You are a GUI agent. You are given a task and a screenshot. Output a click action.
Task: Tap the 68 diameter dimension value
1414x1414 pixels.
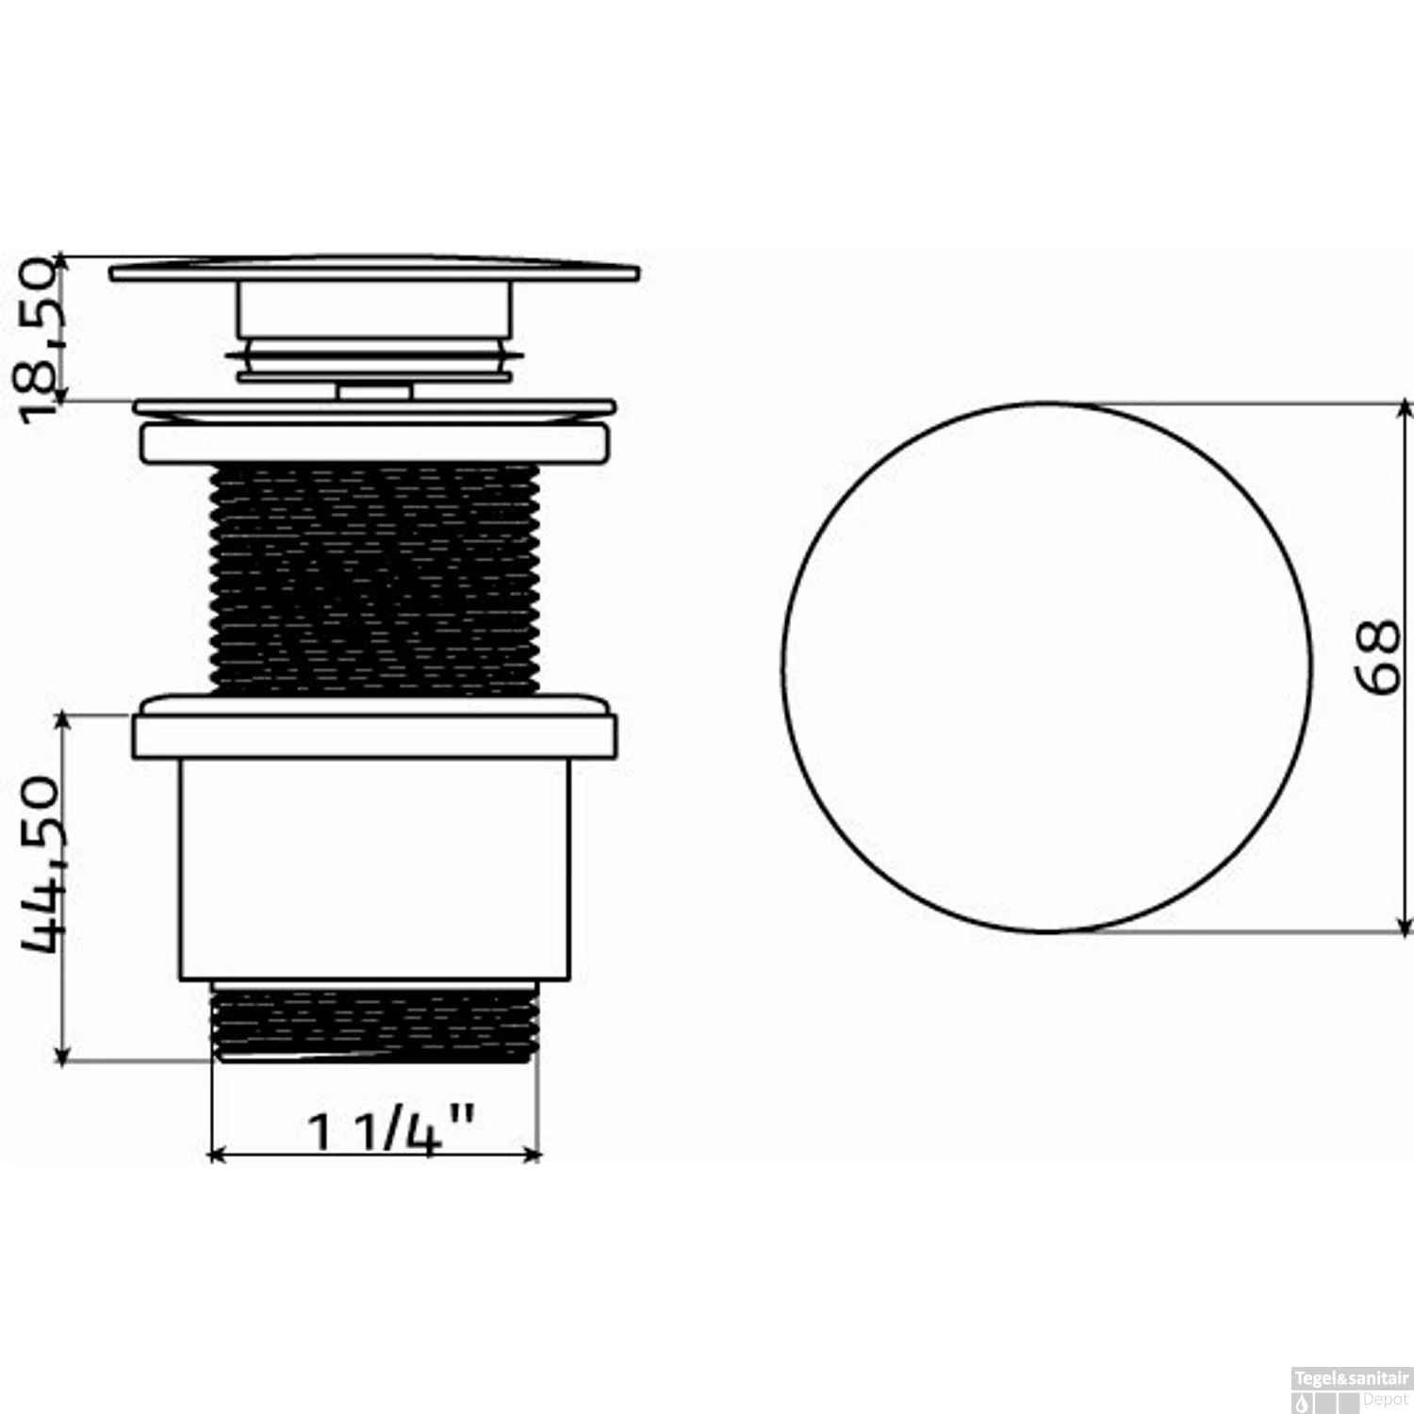1379,657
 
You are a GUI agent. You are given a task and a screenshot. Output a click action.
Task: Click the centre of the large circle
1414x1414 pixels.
1047,667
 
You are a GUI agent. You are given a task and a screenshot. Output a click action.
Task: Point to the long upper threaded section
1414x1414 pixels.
374,578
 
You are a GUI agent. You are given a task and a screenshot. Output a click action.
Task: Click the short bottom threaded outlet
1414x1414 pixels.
374,1022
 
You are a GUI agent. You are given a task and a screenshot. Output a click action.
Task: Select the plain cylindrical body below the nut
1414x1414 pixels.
374,868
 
